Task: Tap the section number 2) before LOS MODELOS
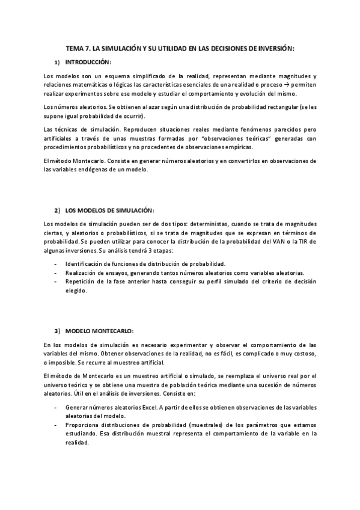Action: [x=57, y=210]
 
